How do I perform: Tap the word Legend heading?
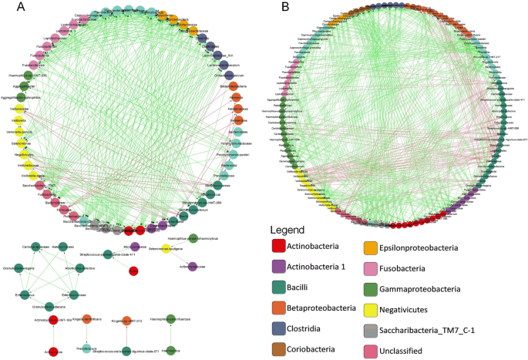[292, 230]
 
